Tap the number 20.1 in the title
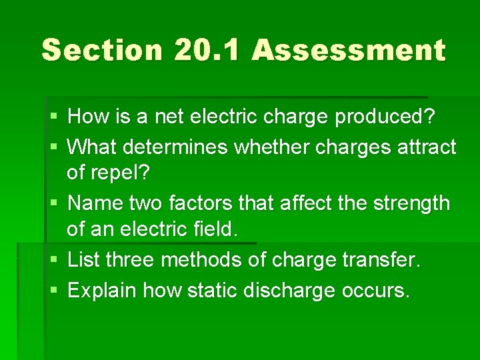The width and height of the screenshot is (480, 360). (x=208, y=51)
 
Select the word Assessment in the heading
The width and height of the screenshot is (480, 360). (x=349, y=51)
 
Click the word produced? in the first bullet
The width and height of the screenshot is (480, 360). (x=385, y=117)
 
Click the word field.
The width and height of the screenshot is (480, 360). (x=215, y=231)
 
